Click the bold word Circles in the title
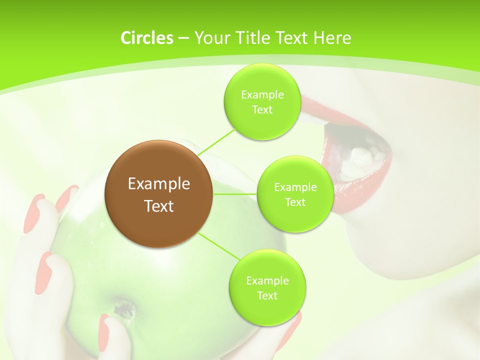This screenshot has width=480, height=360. coord(146,38)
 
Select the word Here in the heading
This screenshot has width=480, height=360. coord(332,38)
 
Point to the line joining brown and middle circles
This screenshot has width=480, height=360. coord(234,193)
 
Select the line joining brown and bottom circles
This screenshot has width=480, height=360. coord(216,245)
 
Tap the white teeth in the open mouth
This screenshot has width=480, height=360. coord(362,156)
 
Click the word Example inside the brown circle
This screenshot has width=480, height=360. coord(158,184)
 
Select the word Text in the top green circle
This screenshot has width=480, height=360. coord(262,109)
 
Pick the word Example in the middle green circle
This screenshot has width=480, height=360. coord(295,187)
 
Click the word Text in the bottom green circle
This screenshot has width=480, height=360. coord(267,295)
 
